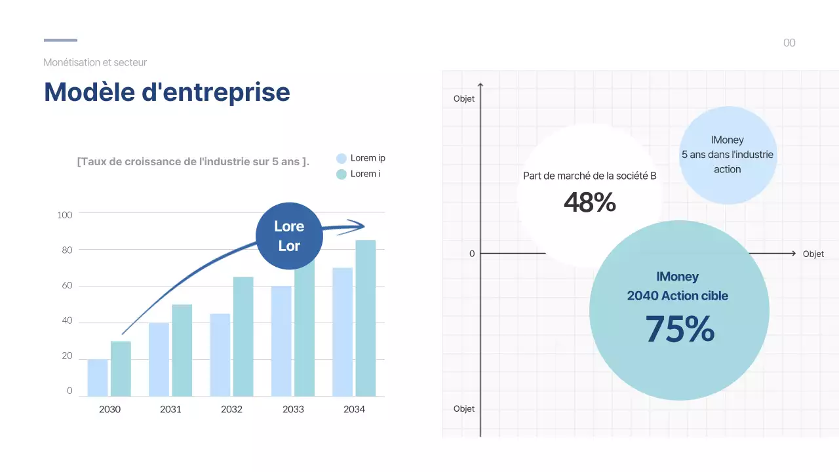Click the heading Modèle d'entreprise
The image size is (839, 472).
(166, 92)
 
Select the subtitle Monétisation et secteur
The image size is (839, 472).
(95, 62)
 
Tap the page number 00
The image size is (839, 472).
(789, 43)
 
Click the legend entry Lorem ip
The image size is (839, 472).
(367, 158)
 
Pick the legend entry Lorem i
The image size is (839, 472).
(364, 174)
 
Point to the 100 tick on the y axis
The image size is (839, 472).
(65, 214)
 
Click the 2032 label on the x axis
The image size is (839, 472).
(231, 409)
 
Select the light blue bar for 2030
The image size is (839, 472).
(98, 378)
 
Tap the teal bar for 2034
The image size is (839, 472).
(366, 318)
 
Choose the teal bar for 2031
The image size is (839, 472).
(182, 350)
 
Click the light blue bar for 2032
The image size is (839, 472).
(220, 355)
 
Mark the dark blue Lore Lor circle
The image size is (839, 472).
(289, 236)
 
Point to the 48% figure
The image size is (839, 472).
(590, 203)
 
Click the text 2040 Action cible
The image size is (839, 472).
(677, 296)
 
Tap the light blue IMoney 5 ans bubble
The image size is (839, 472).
(728, 155)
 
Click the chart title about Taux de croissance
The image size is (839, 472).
(193, 161)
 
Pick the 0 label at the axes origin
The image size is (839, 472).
(472, 254)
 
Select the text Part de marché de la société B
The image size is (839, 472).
(590, 176)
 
